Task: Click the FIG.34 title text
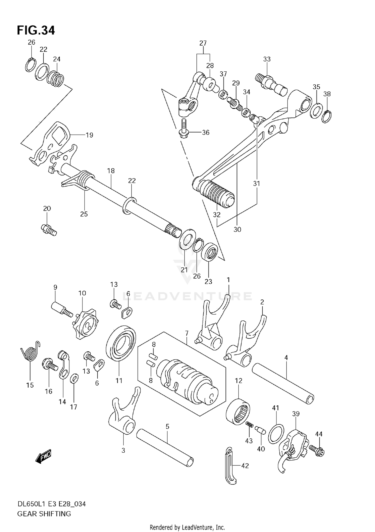pos(36,30)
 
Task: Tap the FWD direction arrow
pos(44,458)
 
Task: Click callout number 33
pos(267,59)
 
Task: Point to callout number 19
pos(89,135)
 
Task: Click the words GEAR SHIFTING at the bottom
pos(44,513)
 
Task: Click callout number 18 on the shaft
pos(111,171)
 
